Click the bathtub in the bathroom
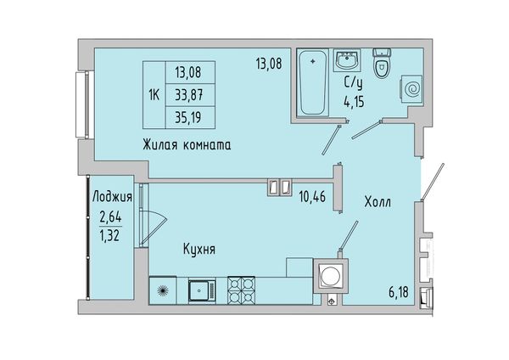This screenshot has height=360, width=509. pos(312,82)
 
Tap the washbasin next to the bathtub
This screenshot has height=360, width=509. pos(347,60)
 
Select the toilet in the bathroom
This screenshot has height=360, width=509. pos(382,64)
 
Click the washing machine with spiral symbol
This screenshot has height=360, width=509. pos(411,88)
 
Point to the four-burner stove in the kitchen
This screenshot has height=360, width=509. pos(241,290)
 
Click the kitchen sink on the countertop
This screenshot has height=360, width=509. pos(202,290)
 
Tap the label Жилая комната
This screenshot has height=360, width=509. pos(187,145)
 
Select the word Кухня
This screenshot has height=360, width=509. pos(199,250)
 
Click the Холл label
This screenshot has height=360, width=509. pos(378,202)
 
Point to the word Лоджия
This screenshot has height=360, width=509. pos(112,197)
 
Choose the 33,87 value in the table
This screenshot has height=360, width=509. pos(190,95)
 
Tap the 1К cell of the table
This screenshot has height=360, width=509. pos(154,95)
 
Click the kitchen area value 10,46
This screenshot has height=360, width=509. pos(312,197)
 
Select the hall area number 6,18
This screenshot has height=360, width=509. pos(399,293)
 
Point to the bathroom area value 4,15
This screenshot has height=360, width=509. pos(354,102)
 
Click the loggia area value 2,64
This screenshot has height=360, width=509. pos(110,217)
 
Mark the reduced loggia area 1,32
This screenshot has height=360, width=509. pos(110,234)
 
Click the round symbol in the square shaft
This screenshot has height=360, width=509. pos(331,276)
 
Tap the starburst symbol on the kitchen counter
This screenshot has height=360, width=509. pos(163,290)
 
